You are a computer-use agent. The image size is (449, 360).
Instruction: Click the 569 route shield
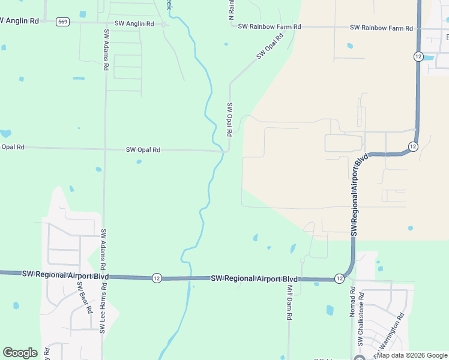click(62, 22)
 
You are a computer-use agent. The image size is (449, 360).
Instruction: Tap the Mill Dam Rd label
click(289, 305)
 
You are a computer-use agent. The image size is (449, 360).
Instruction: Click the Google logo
click(20, 353)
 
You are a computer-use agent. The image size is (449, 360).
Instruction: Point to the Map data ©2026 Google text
click(412, 356)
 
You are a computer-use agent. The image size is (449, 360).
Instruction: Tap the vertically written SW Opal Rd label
click(229, 119)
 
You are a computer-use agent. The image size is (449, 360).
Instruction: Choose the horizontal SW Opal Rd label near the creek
click(143, 149)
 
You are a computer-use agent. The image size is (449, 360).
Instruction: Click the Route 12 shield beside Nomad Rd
click(339, 278)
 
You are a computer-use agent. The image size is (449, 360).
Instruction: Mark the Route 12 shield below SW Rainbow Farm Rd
click(418, 56)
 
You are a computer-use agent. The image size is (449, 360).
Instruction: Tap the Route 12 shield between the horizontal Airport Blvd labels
click(156, 278)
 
